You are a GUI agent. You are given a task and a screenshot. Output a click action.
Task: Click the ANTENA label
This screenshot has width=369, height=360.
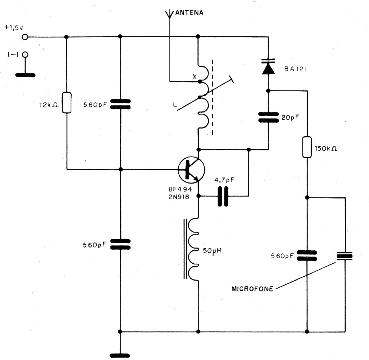point(189,13)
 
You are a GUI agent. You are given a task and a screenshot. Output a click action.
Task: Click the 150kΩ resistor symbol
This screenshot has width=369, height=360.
point(307,147)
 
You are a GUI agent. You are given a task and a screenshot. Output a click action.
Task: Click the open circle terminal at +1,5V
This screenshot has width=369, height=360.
point(26,37)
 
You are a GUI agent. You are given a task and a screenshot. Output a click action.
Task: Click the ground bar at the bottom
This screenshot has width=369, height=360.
point(120,355)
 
